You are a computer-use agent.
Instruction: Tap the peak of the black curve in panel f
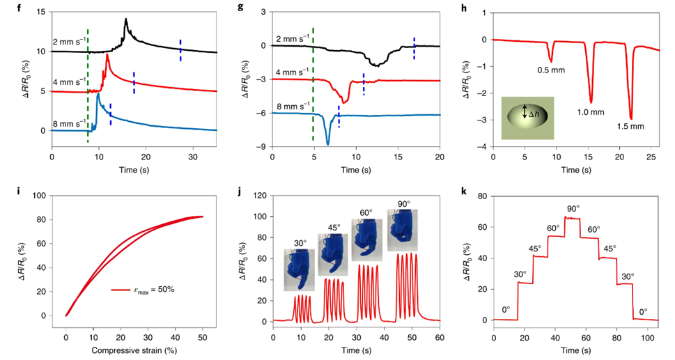125,19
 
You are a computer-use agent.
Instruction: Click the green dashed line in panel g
313,84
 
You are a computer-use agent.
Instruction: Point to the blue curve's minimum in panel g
327,144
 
